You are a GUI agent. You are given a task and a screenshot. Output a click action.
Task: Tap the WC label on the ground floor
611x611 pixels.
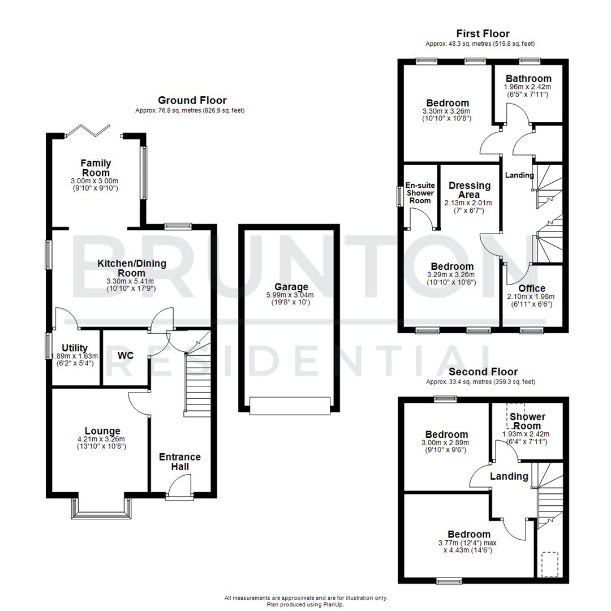pyautogui.click(x=125, y=356)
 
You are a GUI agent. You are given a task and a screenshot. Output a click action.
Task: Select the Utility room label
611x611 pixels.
pyautogui.click(x=75, y=347)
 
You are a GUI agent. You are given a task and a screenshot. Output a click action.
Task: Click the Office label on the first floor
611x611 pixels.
pyautogui.click(x=532, y=289)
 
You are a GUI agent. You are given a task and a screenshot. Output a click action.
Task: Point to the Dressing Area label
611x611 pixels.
pyautogui.click(x=470, y=190)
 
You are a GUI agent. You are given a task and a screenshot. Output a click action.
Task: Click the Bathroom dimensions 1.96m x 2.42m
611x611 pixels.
pyautogui.click(x=527, y=87)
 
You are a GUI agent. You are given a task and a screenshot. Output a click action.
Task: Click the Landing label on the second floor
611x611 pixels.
pyautogui.click(x=509, y=476)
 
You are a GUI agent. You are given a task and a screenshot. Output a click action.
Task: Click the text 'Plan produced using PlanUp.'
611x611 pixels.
pyautogui.click(x=305, y=604)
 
